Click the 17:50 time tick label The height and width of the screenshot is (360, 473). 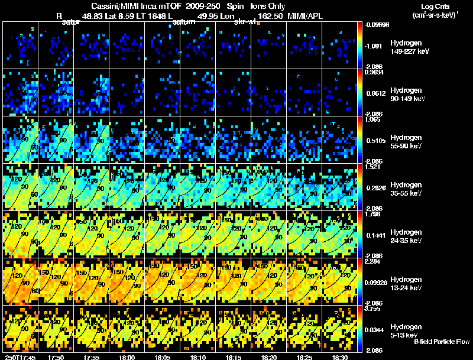click(x=57, y=357)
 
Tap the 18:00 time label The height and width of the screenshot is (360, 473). click(x=127, y=357)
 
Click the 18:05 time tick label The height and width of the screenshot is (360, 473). click(x=163, y=357)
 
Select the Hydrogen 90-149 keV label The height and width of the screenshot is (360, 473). click(x=407, y=95)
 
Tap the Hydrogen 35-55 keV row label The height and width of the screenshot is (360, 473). click(x=406, y=189)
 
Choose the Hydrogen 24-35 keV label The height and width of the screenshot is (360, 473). click(x=406, y=236)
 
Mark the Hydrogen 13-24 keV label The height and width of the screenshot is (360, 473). click(x=406, y=283)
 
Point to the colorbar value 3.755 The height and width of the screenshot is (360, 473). click(x=374, y=308)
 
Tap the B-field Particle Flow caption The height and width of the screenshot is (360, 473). click(x=442, y=342)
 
